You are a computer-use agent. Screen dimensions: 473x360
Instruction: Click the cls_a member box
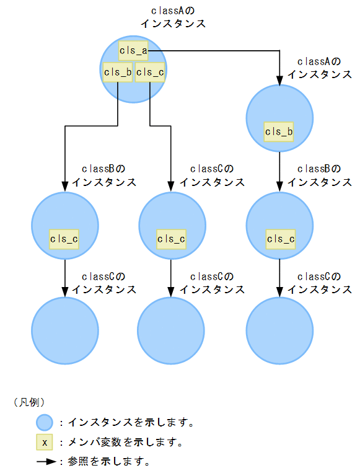tap(133, 51)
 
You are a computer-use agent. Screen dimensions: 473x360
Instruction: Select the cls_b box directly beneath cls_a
tap(118, 72)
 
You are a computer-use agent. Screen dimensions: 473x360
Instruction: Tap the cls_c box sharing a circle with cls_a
tap(150, 72)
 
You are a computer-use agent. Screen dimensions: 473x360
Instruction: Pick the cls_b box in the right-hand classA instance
tap(279, 131)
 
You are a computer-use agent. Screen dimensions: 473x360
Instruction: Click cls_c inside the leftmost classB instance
tap(64, 239)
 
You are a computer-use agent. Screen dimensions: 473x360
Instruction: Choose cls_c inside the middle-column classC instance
tap(172, 239)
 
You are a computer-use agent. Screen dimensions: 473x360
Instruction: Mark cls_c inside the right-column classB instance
tap(280, 239)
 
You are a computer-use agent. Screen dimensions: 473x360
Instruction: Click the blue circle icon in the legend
tap(45, 423)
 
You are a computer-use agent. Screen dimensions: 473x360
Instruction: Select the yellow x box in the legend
tap(45, 443)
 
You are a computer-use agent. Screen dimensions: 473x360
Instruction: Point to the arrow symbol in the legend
tap(46, 462)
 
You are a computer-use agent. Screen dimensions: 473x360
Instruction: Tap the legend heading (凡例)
tap(29, 402)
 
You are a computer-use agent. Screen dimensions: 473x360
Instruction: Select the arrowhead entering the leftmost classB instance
tap(65, 186)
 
